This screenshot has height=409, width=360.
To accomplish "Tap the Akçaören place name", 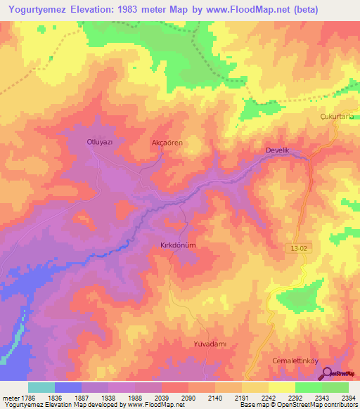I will click(x=167, y=143).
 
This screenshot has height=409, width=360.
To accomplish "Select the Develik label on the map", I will click(x=278, y=150).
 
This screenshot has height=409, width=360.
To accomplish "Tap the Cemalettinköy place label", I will click(x=295, y=361).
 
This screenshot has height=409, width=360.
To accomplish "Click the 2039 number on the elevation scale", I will click(x=161, y=397).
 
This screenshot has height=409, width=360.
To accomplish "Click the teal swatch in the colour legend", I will click(x=41, y=387).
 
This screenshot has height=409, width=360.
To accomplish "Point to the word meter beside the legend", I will click(x=8, y=397).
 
